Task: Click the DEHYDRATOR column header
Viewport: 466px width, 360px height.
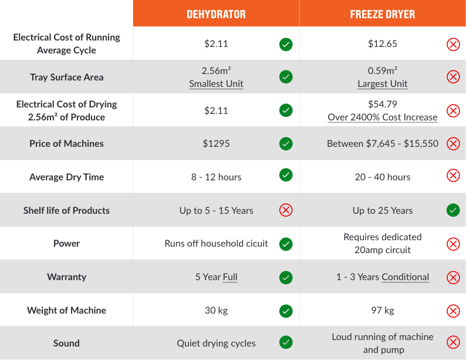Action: tap(216, 14)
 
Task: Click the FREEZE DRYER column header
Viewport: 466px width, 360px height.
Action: tap(382, 14)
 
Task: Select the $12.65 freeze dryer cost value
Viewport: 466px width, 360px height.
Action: tap(382, 43)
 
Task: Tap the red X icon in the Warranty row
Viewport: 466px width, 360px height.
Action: tap(453, 277)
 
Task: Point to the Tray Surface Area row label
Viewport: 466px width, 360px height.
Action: tap(66, 77)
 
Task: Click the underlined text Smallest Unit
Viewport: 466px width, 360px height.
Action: tap(216, 83)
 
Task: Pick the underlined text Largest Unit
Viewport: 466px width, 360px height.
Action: tap(382, 83)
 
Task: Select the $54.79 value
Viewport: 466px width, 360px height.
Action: tap(382, 104)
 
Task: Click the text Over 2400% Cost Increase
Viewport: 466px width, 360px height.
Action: tap(382, 117)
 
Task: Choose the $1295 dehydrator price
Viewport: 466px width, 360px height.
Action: tap(216, 143)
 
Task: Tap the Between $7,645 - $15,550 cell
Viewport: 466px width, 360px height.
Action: tap(382, 143)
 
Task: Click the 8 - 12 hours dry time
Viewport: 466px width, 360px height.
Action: tap(216, 177)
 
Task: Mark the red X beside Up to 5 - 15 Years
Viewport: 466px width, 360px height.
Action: tap(286, 210)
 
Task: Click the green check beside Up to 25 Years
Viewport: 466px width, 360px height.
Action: tap(453, 210)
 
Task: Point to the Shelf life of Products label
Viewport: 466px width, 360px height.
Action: tap(66, 210)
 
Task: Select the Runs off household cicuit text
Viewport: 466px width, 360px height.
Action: tap(216, 243)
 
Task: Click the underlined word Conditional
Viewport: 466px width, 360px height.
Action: tap(405, 277)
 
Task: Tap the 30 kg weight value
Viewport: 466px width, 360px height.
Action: tap(216, 310)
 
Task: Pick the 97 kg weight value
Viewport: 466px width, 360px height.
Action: tap(382, 310)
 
